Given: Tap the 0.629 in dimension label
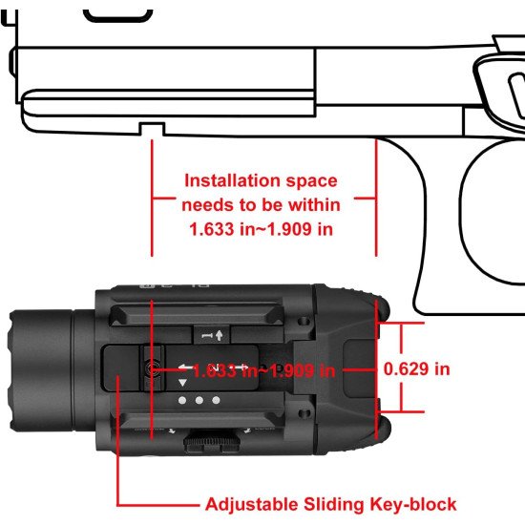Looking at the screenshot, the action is coord(416,369).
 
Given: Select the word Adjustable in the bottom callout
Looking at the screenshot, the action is coord(251,504).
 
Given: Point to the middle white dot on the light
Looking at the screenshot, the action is coord(199,400).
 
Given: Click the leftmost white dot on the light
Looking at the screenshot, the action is coord(182,400).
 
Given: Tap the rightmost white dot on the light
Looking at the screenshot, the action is coord(216,400).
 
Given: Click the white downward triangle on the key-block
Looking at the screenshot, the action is coord(182,383).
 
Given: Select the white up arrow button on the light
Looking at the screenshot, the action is coord(212,335).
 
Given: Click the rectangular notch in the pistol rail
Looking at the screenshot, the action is coord(152,129).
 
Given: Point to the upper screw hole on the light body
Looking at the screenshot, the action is coord(304,321).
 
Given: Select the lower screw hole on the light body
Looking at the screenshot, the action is coord(304,414).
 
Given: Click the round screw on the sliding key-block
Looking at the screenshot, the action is coord(152,369).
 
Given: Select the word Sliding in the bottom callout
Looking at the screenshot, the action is coord(333,505).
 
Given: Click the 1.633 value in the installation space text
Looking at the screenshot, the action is coord(211,229).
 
